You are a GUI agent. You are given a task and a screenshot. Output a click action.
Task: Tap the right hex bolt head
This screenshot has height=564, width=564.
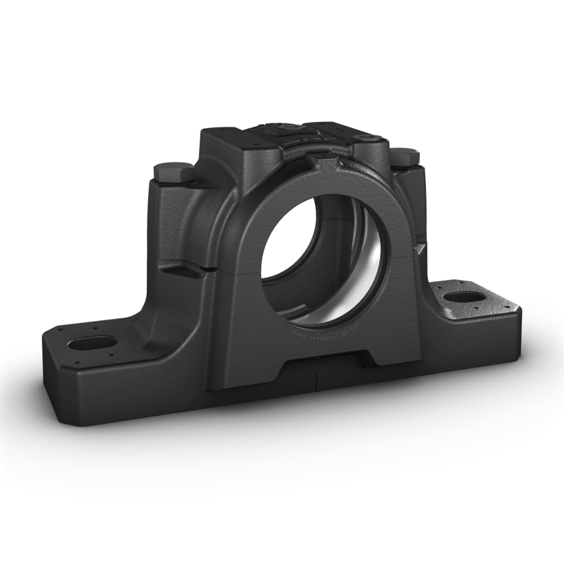click(404, 156)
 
